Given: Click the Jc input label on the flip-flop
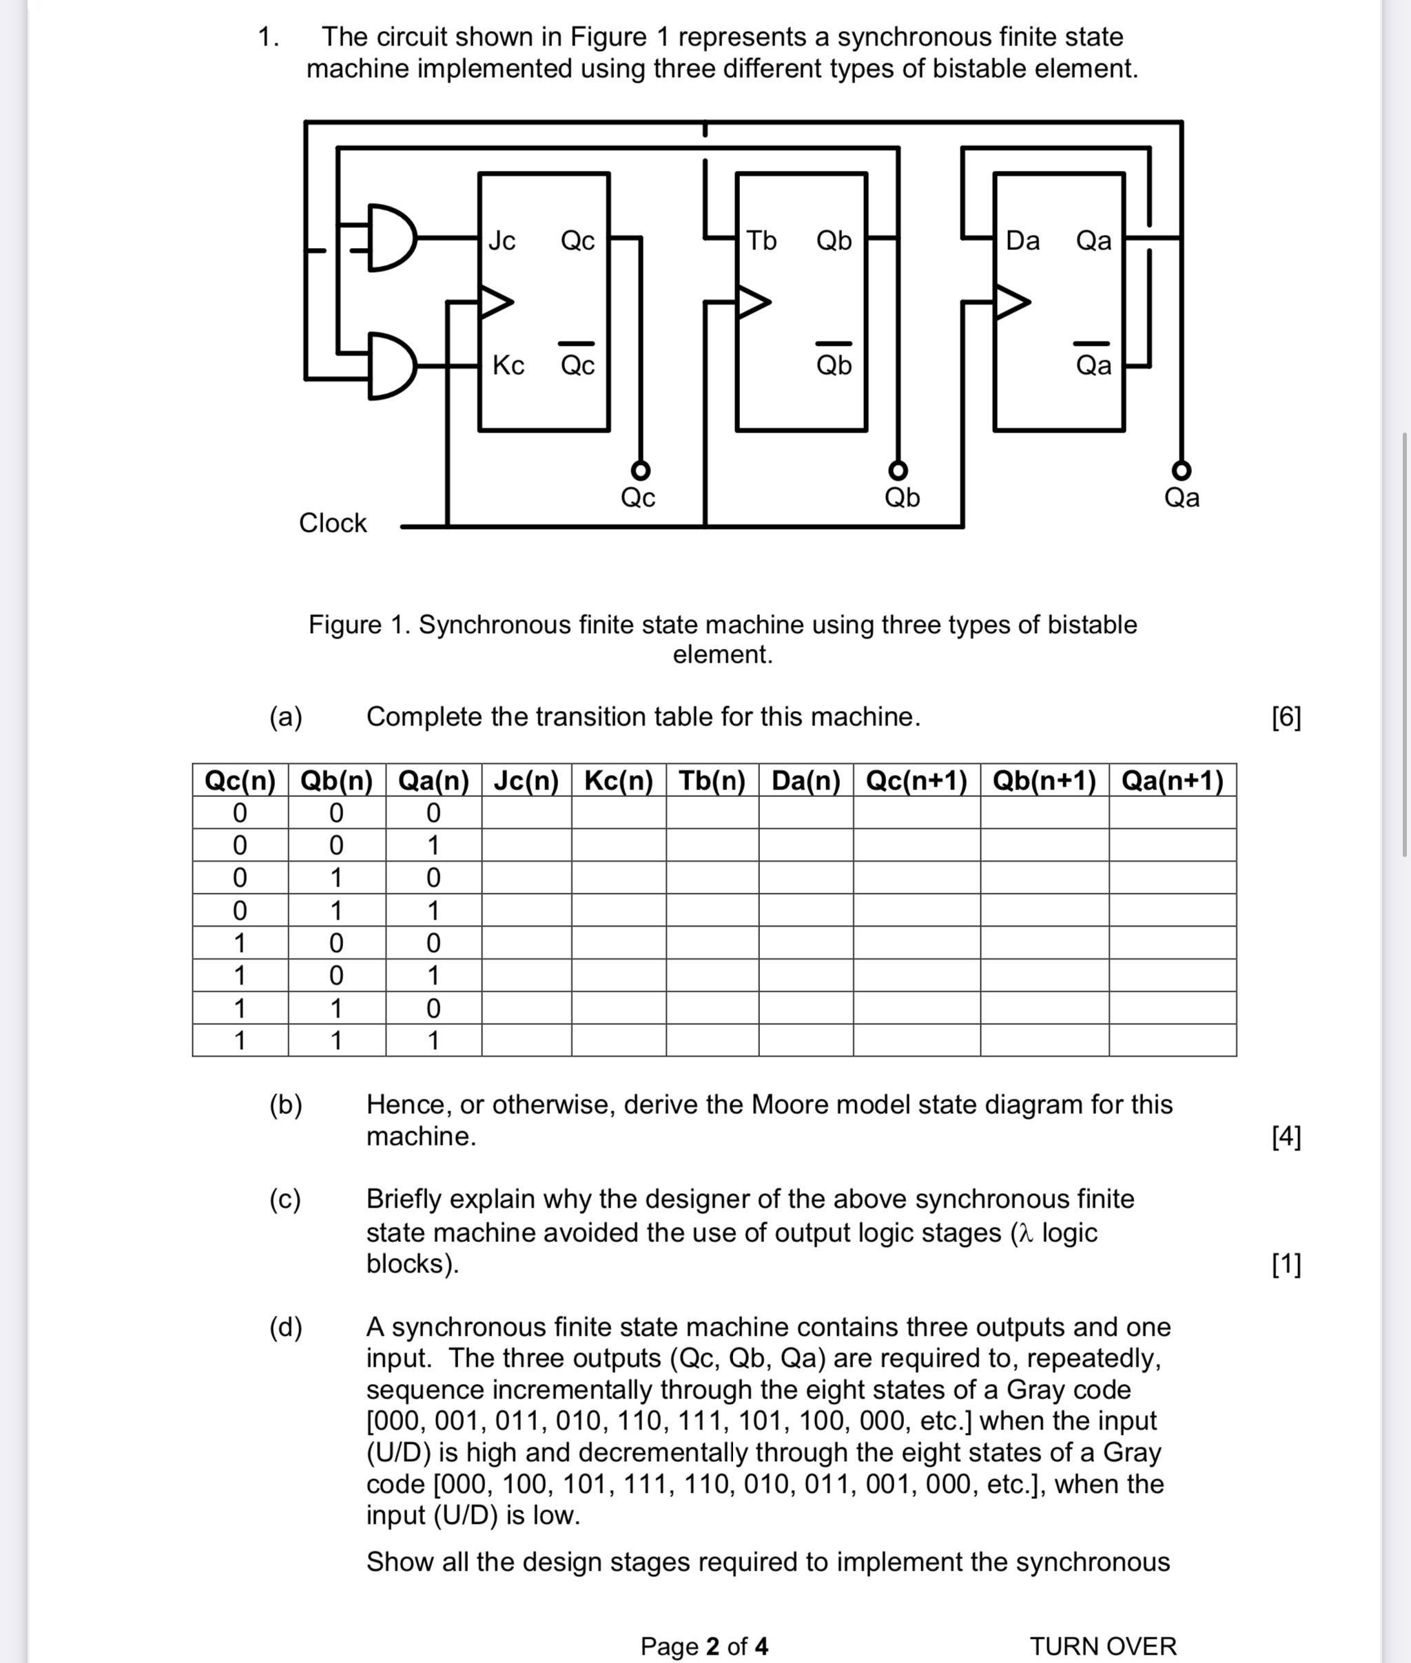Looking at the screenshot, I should pos(502,240).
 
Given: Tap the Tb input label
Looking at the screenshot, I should pos(761,240).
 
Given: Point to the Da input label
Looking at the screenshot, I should pos(1022,240).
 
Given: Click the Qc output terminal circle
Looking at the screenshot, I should pos(640,470).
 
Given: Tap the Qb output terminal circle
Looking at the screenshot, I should pos(899,470).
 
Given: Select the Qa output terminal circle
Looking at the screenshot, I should pos(1182,470).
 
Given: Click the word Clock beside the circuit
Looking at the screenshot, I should pos(333,523).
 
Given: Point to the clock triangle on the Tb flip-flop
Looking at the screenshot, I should pos(752,302).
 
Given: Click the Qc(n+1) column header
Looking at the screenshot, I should pos(917,781).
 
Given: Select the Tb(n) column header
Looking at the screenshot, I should pos(712,781).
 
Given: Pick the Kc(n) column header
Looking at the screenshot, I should pos(618,781).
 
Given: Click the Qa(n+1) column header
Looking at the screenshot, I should pos(1172,781).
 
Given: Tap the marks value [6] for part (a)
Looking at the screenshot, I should pos(1286,716).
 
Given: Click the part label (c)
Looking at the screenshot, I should pos(285,1199).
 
